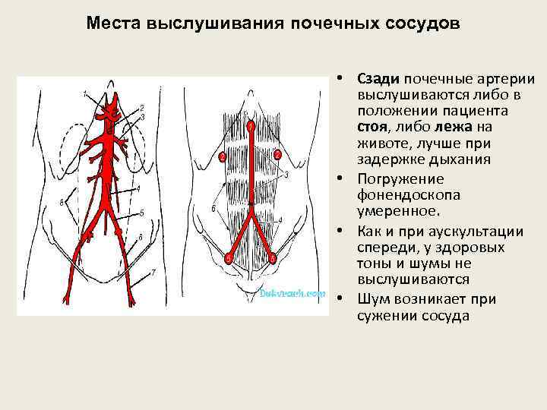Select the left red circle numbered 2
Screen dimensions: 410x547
click(222, 157)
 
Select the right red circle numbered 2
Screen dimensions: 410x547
click(277, 155)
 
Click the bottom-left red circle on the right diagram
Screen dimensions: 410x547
click(228, 259)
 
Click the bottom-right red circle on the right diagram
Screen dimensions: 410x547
click(272, 259)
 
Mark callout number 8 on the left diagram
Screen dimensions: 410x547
click(61, 201)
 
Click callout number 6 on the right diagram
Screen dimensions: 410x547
click(213, 208)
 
